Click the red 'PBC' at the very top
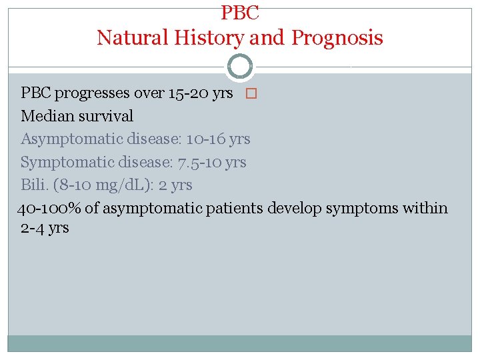tap(240, 11)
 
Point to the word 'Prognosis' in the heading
tap(337, 38)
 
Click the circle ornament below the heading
tap(240, 67)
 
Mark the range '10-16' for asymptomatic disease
tap(205, 139)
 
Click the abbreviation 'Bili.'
tap(35, 185)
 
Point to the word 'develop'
tap(294, 209)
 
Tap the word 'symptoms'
tap(361, 209)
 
